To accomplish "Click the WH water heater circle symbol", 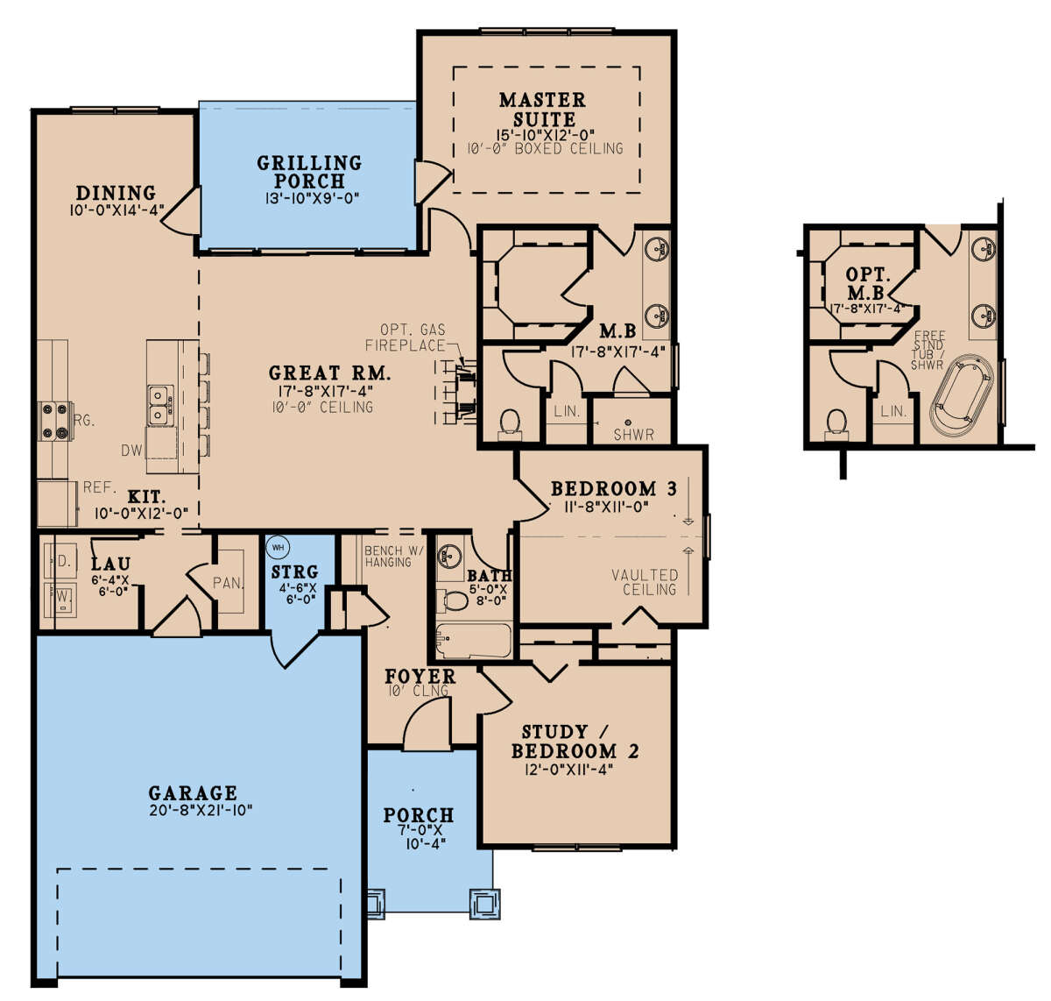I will tap(278, 547).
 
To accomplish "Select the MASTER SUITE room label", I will tap(542, 110).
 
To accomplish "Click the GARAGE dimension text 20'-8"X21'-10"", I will tap(201, 811).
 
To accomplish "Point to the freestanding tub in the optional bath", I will tap(961, 396).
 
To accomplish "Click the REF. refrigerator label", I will tap(100, 487).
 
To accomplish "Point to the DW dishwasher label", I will tap(131, 451).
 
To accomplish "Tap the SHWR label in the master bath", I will tap(633, 434).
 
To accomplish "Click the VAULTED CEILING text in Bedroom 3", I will tap(645, 581).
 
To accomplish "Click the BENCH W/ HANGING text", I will tap(394, 556).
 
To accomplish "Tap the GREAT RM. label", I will tap(329, 373).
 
